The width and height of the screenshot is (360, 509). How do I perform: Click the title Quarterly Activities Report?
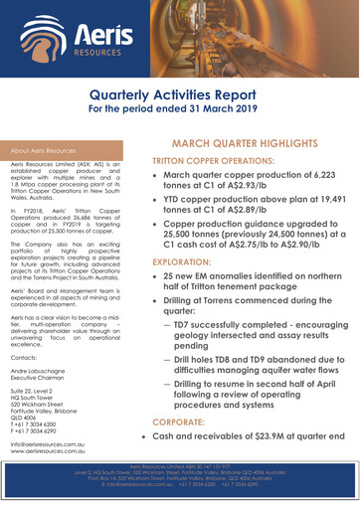[x=180, y=94]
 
